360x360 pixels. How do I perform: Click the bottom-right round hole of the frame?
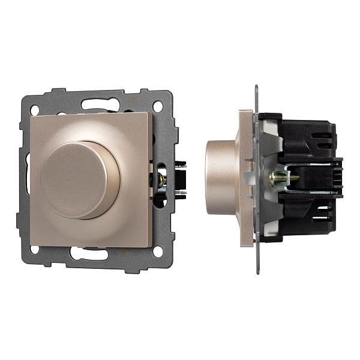coord(158,251)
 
